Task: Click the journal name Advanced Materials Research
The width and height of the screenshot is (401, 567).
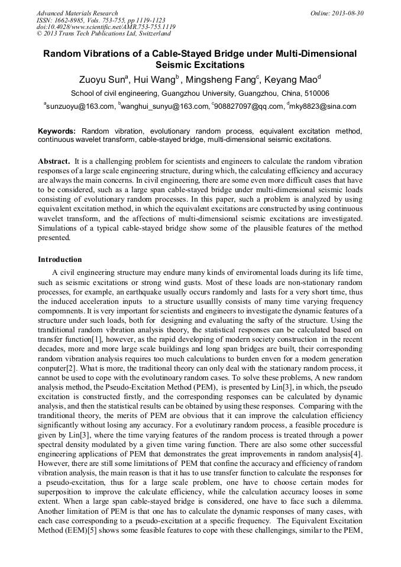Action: point(77,13)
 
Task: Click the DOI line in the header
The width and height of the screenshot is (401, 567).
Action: point(105,27)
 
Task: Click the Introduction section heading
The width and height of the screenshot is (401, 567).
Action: point(60,260)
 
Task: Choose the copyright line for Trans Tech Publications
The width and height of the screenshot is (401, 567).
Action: point(99,34)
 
